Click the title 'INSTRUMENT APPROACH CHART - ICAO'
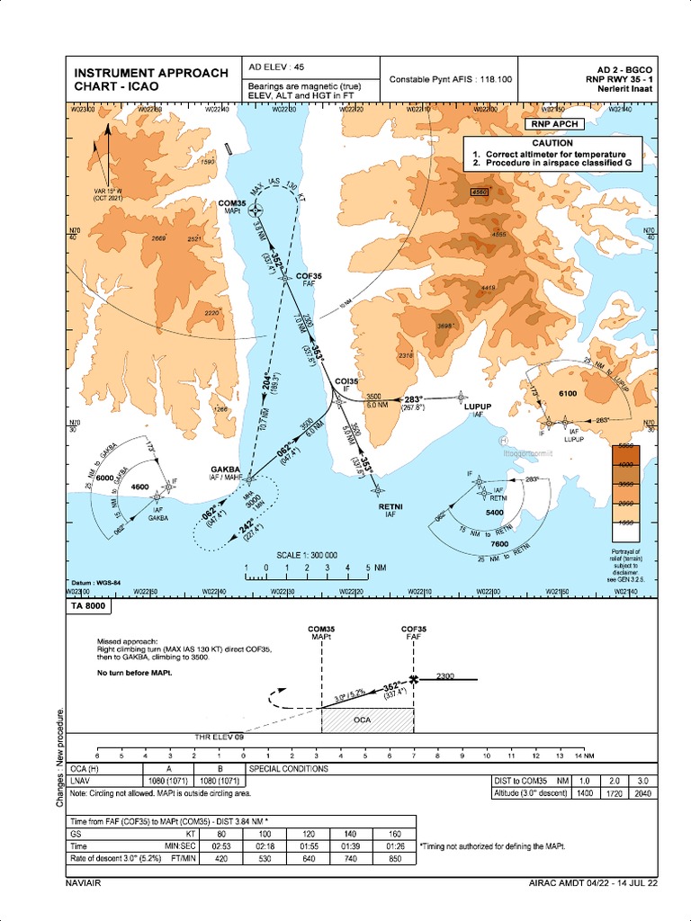pos(150,79)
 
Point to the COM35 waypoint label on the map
pos(232,204)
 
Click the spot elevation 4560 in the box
pos(479,192)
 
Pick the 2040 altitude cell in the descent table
pos(642,792)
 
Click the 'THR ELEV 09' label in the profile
pos(220,738)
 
